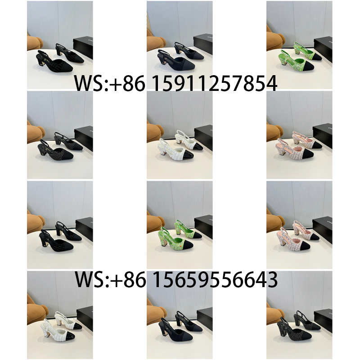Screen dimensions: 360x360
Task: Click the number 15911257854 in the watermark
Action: click(x=215, y=83)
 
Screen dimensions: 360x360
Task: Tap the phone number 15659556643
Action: click(x=215, y=279)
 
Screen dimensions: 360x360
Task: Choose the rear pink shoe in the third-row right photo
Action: click(x=306, y=229)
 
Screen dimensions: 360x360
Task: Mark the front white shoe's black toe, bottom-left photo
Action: click(x=69, y=335)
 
